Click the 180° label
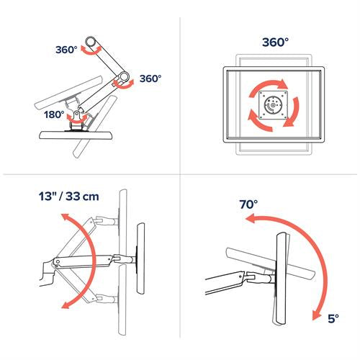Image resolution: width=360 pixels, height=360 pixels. pyautogui.click(x=55, y=114)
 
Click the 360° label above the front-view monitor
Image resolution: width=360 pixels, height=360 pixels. pyautogui.click(x=267, y=43)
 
